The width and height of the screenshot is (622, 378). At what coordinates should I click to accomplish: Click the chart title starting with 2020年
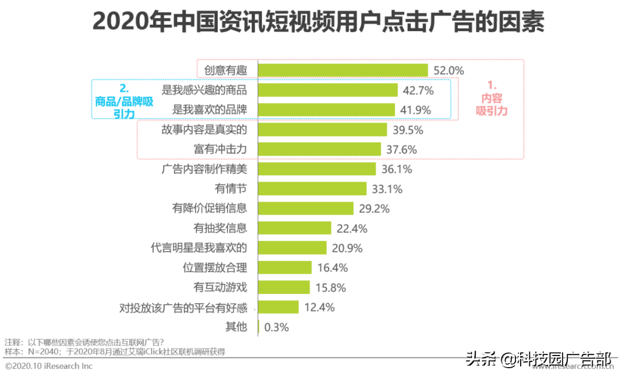pyautogui.click(x=318, y=23)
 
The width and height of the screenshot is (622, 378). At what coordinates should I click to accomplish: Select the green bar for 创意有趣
pyautogui.click(x=343, y=70)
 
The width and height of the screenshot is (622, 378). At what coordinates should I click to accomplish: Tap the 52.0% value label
pyautogui.click(x=449, y=70)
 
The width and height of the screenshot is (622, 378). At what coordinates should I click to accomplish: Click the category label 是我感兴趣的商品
pyautogui.click(x=204, y=90)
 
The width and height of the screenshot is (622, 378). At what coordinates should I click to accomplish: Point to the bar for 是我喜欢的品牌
pyautogui.click(x=326, y=109)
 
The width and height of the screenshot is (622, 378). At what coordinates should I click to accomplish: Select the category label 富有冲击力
pyautogui.click(x=220, y=149)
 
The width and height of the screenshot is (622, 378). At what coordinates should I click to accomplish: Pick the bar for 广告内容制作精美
pyautogui.click(x=317, y=169)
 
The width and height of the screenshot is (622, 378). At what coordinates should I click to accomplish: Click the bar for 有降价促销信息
pyautogui.click(x=305, y=209)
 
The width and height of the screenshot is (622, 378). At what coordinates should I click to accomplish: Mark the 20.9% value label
pyautogui.click(x=347, y=248)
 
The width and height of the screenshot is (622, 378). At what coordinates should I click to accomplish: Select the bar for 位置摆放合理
pyautogui.click(x=285, y=267)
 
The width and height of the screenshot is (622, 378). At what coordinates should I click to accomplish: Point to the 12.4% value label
pyautogui.click(x=319, y=307)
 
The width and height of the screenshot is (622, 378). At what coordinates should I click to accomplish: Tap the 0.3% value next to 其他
pyautogui.click(x=276, y=327)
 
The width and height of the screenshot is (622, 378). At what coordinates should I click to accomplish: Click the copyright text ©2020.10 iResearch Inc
pyautogui.click(x=48, y=366)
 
